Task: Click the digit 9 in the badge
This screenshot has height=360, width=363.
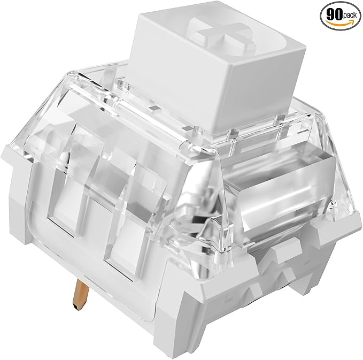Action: [x=330, y=15]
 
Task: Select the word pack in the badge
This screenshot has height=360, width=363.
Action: [x=350, y=16]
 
